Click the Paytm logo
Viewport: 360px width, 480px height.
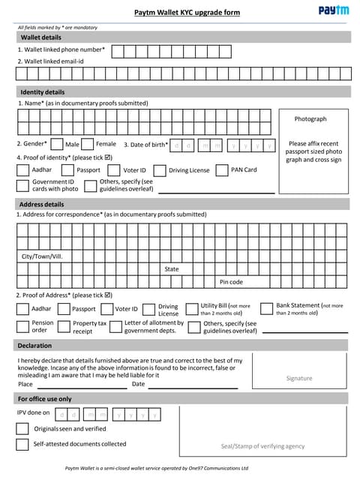[333, 10]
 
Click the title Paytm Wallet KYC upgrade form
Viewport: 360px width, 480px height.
[187, 13]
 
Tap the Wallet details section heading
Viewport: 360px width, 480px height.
[41, 37]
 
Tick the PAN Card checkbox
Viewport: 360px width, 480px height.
[221, 170]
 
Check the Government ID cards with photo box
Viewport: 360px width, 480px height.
[23, 185]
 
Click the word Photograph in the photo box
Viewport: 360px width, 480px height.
[310, 118]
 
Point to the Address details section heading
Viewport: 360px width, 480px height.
[42, 204]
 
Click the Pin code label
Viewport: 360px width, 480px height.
[231, 282]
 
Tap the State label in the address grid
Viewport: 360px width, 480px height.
[172, 268]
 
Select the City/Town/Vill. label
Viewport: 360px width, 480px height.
[42, 256]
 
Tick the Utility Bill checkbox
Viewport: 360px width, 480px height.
[193, 309]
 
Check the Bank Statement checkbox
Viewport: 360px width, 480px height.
[266, 308]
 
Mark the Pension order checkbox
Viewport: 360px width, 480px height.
[23, 326]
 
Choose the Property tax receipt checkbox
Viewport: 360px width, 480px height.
[64, 326]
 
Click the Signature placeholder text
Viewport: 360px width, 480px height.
[299, 378]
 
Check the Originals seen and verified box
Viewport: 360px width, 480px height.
[22, 429]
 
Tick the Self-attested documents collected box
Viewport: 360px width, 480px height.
[22, 444]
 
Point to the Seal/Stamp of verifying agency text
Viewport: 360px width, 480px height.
[262, 446]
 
